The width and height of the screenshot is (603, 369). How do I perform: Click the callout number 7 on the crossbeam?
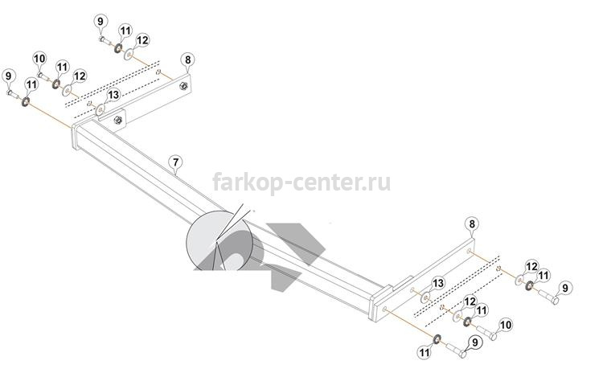point(176,162)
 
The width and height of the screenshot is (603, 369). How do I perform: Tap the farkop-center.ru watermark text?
point(301,182)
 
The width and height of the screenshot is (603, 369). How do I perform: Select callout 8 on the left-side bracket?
point(187,59)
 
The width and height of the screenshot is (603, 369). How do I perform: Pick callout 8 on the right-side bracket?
point(472,224)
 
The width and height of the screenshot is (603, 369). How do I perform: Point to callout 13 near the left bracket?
point(113,95)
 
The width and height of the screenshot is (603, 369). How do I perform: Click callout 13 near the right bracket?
point(438,284)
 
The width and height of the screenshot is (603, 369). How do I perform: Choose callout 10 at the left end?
point(39,59)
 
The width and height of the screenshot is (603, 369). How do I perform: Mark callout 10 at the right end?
point(506,325)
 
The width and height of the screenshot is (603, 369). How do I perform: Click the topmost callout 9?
point(100,21)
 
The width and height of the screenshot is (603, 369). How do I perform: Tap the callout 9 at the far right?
point(565,288)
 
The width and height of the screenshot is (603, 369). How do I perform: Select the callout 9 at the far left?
point(9,76)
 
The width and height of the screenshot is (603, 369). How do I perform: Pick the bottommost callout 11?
point(425,352)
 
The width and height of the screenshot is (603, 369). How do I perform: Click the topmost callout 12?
point(142,40)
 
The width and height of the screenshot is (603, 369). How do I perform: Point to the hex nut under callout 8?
point(184,86)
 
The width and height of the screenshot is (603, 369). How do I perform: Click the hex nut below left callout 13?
point(118,121)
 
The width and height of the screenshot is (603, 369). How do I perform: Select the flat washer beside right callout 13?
point(425,297)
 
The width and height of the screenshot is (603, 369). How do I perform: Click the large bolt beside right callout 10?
point(486,332)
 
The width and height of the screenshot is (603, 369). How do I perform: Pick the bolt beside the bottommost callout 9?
point(456,350)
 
